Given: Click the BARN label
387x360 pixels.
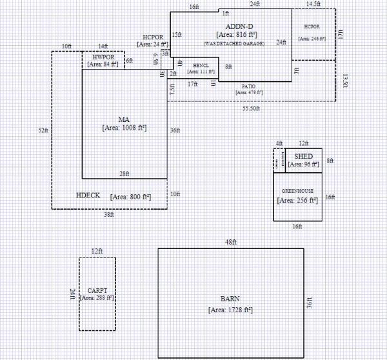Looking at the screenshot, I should click(x=230, y=299).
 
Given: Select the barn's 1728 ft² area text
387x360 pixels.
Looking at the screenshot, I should click(x=230, y=310).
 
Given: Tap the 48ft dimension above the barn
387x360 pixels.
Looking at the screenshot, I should click(x=231, y=243).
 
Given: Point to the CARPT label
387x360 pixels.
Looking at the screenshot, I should click(x=97, y=291).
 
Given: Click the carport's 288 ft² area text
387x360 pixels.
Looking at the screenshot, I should click(x=97, y=299).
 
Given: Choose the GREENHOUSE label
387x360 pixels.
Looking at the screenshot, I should click(x=297, y=192).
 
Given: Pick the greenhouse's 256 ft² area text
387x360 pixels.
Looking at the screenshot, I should click(x=297, y=201).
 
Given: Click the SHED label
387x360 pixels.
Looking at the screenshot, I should click(x=303, y=157).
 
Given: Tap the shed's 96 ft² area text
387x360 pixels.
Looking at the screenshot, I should click(x=303, y=165).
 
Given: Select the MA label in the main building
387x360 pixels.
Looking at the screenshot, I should click(x=124, y=119).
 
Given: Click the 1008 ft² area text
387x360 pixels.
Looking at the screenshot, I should click(x=124, y=128).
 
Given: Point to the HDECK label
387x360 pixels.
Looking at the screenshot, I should click(x=88, y=195).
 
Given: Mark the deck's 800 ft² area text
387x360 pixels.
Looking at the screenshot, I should click(x=130, y=196).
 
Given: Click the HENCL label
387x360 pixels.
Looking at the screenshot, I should click(x=201, y=65).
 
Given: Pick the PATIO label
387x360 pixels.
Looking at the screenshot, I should click(x=248, y=86).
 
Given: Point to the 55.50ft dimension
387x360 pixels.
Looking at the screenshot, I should click(x=252, y=109).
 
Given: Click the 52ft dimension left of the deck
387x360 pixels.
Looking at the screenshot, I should click(x=43, y=130).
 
